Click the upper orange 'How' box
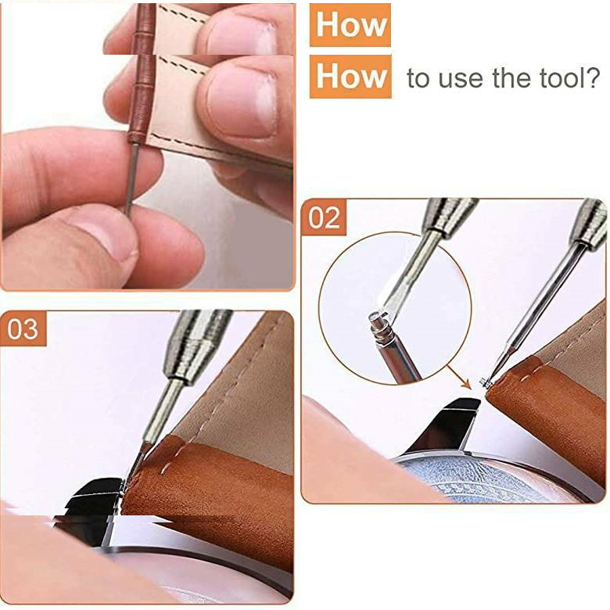350,25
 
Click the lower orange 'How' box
350,77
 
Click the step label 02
324,218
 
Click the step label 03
23,328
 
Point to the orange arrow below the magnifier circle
457,376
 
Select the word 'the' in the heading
511,77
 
